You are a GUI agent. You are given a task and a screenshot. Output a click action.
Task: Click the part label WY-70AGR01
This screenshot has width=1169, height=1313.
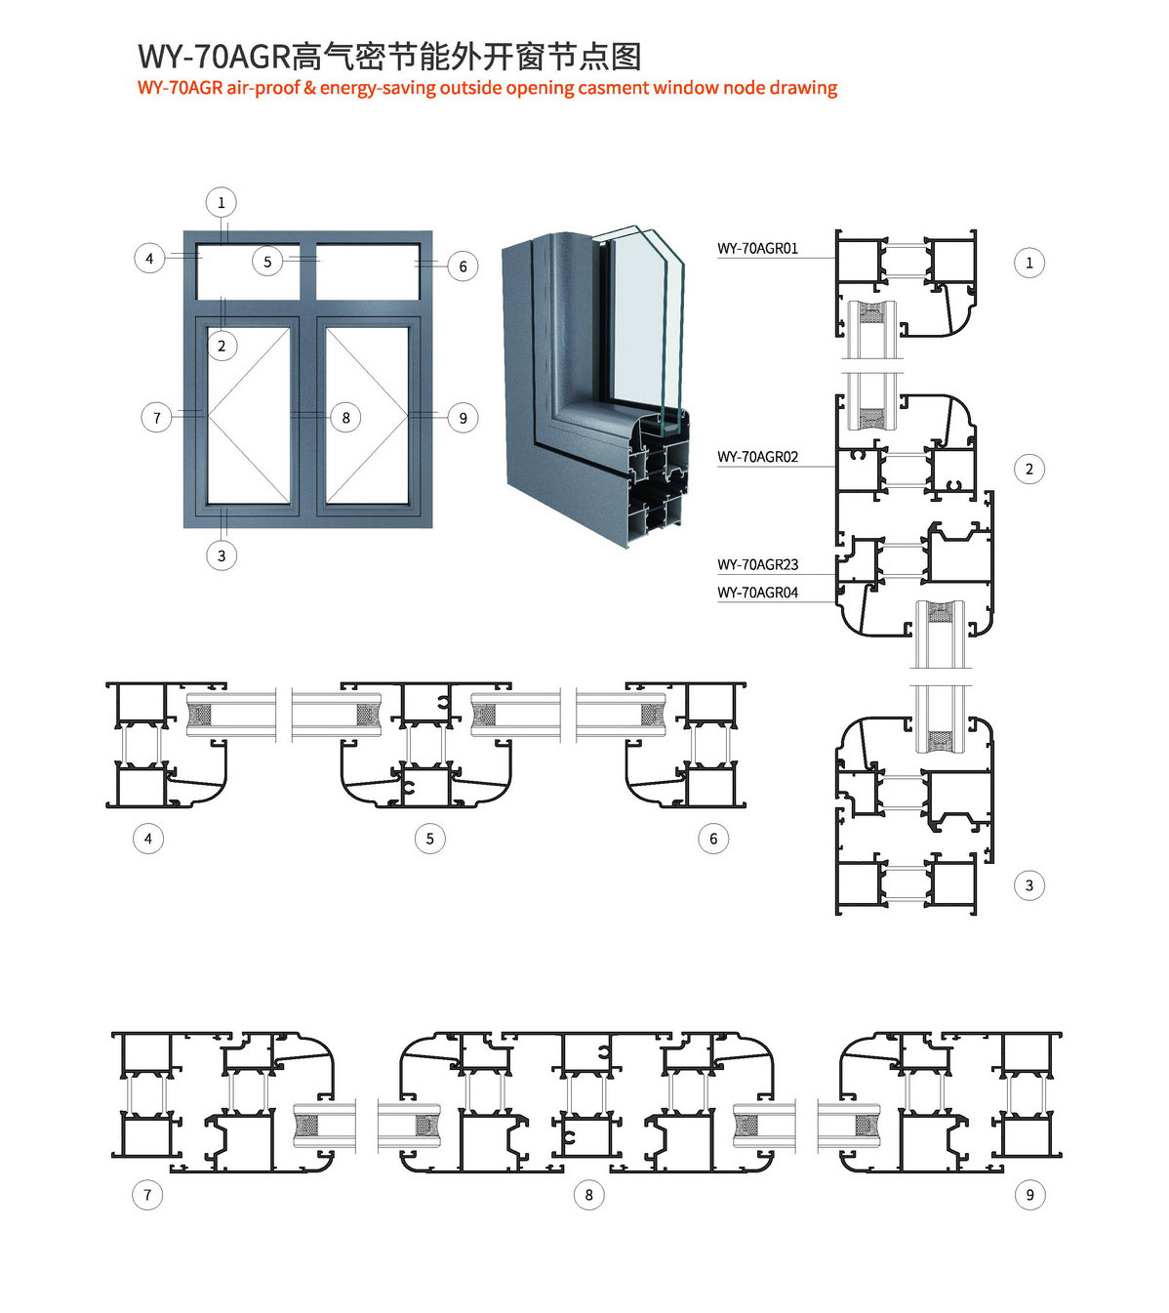tap(757, 248)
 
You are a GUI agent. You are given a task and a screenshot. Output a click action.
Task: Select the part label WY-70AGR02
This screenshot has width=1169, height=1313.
tap(757, 457)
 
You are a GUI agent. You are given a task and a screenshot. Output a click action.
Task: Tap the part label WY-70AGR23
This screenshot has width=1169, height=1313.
tap(757, 564)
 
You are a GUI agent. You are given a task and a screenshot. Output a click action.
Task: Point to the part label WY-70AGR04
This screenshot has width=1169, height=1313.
tap(757, 593)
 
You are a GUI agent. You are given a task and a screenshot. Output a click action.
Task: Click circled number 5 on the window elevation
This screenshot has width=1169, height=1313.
tap(267, 262)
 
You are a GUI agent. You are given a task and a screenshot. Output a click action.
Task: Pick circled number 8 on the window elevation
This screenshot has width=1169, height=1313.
tap(346, 418)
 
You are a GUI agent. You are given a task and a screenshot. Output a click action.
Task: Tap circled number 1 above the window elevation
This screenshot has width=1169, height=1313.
tap(221, 203)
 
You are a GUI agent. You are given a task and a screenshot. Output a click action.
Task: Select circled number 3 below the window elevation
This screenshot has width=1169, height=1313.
tap(222, 555)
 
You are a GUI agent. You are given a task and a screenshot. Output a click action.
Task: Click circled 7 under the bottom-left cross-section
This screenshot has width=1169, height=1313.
tap(147, 1195)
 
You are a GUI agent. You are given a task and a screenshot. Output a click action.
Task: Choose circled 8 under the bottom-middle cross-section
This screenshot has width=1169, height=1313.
tap(589, 1195)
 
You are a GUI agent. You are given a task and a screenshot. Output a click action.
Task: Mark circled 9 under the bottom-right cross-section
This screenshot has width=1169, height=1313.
tap(1029, 1195)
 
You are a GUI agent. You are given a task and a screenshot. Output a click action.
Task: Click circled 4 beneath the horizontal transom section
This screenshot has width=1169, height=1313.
tap(148, 839)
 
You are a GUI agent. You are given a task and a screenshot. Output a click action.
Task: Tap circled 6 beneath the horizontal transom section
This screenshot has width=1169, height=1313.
tap(713, 839)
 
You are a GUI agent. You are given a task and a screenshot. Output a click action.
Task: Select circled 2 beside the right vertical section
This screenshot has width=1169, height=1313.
tap(1029, 469)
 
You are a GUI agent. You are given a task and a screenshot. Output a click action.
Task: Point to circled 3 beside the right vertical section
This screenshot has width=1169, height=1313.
tap(1029, 885)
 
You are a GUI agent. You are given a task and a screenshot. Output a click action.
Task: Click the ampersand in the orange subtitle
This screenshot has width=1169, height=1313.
tap(309, 88)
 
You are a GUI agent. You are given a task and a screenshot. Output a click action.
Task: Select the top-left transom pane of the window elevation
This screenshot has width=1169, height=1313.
tap(248, 271)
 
